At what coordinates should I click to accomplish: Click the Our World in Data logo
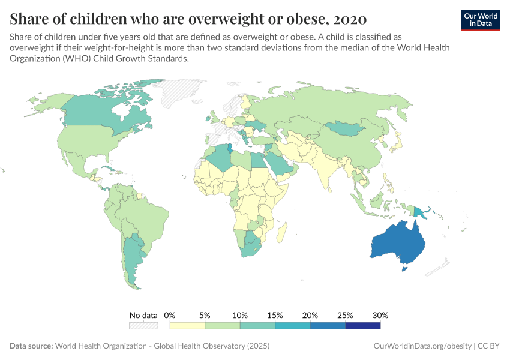click(481, 19)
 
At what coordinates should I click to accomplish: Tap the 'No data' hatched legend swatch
click(143, 326)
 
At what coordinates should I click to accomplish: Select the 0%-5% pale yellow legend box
click(187, 326)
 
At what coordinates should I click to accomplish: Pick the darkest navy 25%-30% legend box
click(363, 326)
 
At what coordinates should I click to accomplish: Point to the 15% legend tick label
click(275, 315)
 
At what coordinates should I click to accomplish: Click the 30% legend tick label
click(380, 315)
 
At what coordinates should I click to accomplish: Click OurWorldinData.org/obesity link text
click(422, 346)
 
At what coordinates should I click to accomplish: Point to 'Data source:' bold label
click(31, 346)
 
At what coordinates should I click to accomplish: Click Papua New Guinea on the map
click(420, 212)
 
